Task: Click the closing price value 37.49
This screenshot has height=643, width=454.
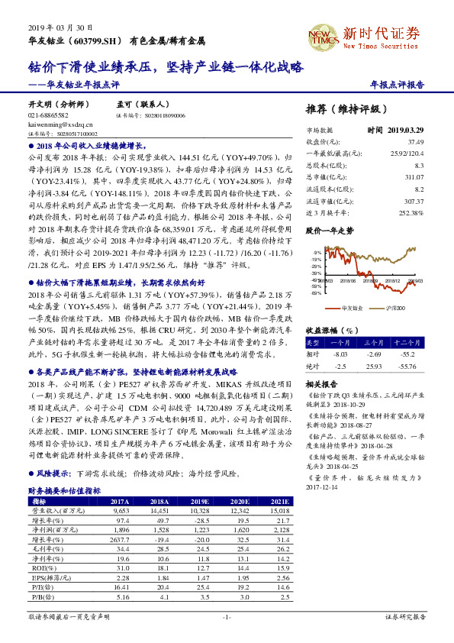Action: click(436, 142)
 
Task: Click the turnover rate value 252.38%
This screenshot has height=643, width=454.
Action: click(432, 212)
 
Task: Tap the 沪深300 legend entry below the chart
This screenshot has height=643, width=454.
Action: click(394, 308)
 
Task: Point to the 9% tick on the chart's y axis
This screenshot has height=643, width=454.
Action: click(317, 252)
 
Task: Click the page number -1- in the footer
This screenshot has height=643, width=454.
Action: click(227, 616)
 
